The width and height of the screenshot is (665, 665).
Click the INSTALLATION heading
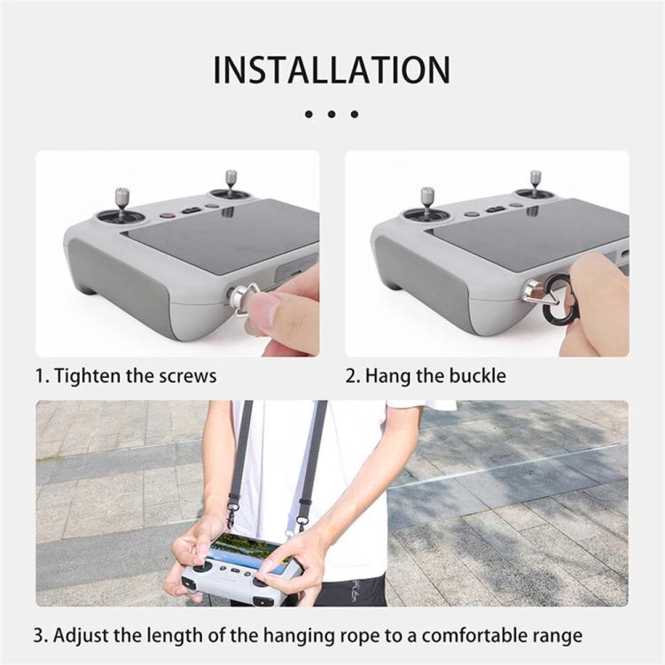pyautogui.click(x=332, y=69)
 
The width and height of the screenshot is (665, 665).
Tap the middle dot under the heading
pyautogui.click(x=332, y=114)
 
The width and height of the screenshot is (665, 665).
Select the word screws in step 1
pyautogui.click(x=187, y=375)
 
